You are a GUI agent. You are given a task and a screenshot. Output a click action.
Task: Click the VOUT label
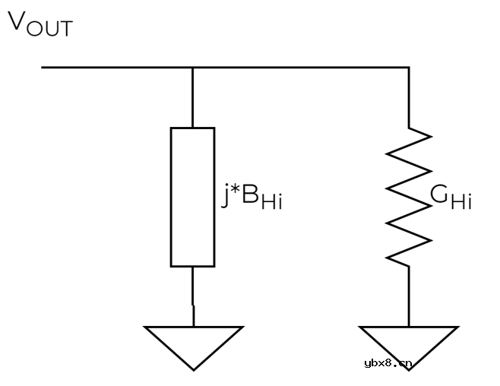tap(40, 24)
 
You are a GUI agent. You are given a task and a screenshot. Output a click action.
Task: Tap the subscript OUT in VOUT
tap(52, 29)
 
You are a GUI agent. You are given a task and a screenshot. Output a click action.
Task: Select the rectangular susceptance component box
tap(192, 197)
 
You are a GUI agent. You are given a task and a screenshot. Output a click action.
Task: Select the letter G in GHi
tap(438, 195)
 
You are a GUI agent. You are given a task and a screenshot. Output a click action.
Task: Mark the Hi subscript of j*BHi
tap(271, 203)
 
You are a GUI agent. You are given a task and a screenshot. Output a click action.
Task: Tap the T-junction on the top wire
tap(192, 68)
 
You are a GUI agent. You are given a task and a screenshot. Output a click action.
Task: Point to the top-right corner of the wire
tap(409, 68)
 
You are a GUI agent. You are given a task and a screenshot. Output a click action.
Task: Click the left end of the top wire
tap(43, 68)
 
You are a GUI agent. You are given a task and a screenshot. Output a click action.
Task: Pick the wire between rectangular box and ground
tap(192, 296)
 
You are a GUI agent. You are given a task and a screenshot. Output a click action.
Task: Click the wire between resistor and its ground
tap(409, 296)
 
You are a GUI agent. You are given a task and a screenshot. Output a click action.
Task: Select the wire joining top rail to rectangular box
tap(192, 97)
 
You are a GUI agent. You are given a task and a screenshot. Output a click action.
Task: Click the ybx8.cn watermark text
tap(388, 362)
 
